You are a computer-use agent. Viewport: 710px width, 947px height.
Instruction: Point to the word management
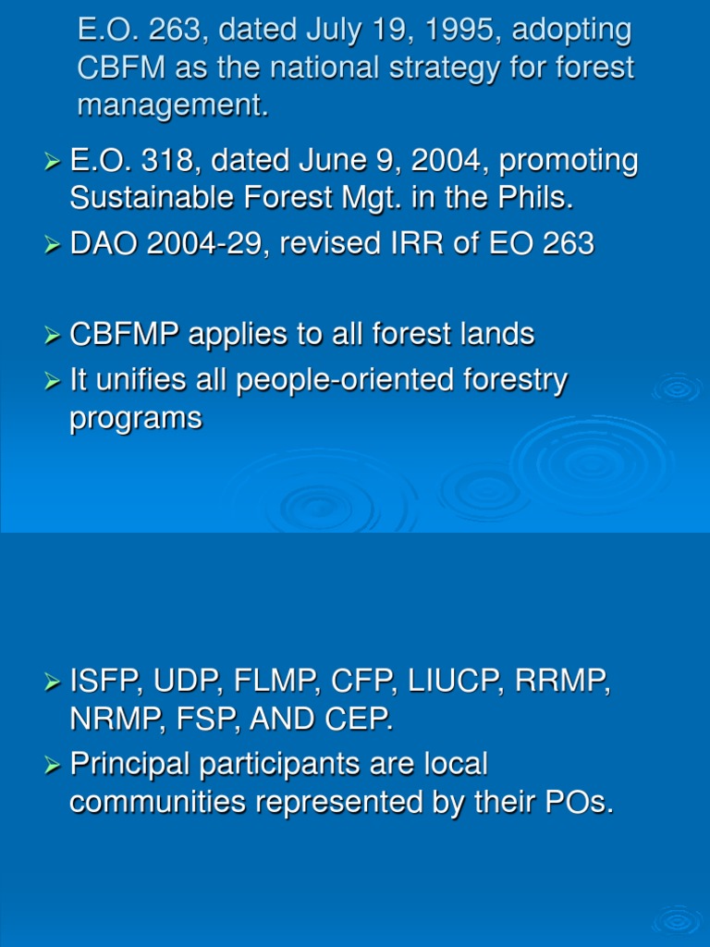pos(173,105)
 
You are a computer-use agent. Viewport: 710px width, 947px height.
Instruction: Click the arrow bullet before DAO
pos(52,245)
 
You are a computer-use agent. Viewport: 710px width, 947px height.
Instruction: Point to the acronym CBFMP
pos(126,334)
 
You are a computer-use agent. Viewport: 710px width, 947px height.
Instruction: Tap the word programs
pos(135,418)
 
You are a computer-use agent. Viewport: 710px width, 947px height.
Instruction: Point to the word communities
pos(157,803)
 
